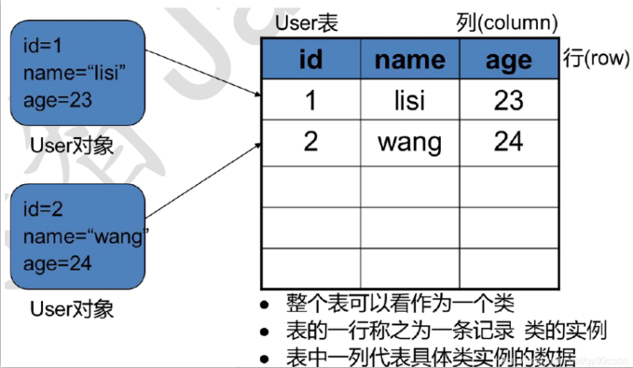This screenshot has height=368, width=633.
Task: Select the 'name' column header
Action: [409, 60]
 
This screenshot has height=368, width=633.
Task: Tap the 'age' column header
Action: [508, 60]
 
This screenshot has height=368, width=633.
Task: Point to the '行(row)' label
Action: [594, 58]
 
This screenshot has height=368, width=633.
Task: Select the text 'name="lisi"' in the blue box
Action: [74, 73]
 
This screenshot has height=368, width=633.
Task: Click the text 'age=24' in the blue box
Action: [58, 263]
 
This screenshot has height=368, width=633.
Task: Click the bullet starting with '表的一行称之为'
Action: [447, 331]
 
